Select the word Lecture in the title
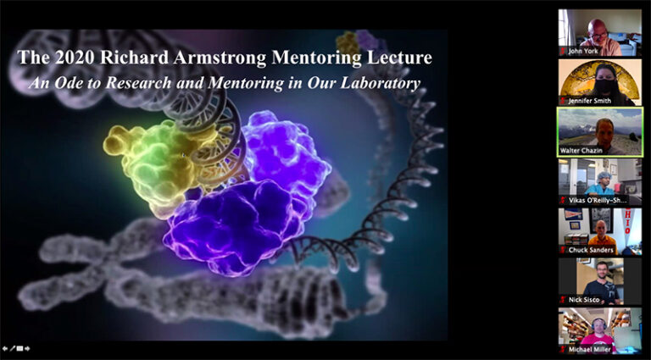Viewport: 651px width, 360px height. click(x=396, y=58)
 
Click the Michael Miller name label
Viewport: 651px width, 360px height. click(x=591, y=349)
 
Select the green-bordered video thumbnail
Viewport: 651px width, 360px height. click(x=599, y=131)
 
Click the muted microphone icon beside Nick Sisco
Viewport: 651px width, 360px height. click(x=563, y=300)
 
